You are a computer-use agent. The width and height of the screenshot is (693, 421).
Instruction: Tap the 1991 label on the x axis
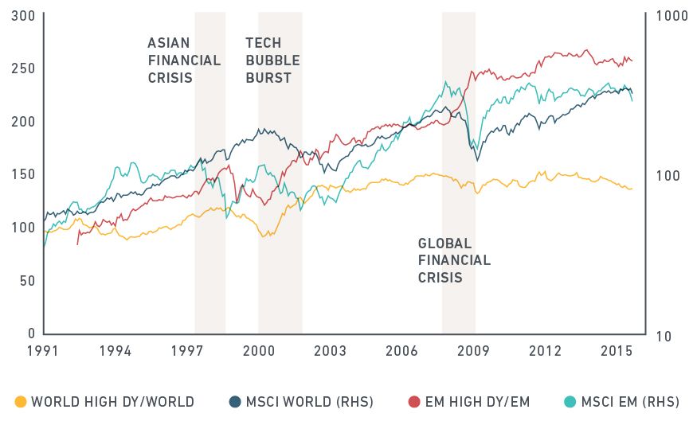[x=45, y=350]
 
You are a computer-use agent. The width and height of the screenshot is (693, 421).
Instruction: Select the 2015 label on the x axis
[x=617, y=350]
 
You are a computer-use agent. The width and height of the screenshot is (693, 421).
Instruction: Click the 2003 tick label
[x=331, y=350]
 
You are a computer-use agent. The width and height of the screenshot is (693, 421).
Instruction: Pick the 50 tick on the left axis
[x=26, y=280]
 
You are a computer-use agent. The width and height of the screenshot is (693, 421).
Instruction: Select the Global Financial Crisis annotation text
[x=453, y=261]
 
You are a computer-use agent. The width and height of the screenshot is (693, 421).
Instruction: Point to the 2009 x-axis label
[x=473, y=350]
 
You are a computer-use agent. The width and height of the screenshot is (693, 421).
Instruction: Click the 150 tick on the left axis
[x=23, y=174]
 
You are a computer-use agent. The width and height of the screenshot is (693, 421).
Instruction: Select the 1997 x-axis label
[x=187, y=350]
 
